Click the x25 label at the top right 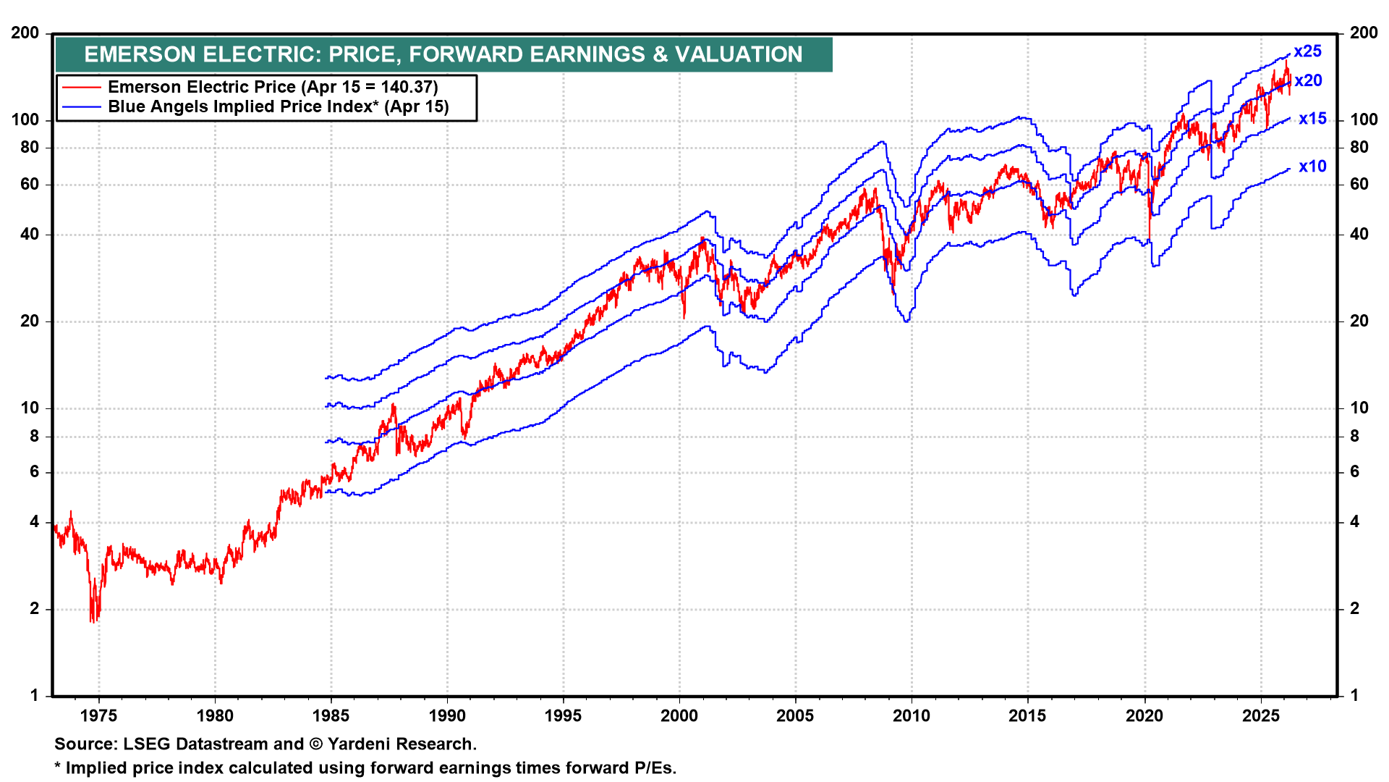point(1307,51)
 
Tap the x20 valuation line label point(1308,80)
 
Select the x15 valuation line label point(1312,119)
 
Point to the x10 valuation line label point(1312,167)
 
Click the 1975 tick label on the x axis point(98,716)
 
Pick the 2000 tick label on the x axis point(679,716)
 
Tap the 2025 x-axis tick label point(1261,716)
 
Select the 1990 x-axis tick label point(447,716)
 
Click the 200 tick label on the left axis point(25,33)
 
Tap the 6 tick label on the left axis point(34,471)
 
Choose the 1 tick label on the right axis point(1355,695)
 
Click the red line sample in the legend point(81,88)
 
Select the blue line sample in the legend point(81,107)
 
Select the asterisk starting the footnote point(58,767)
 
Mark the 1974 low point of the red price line point(92,621)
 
